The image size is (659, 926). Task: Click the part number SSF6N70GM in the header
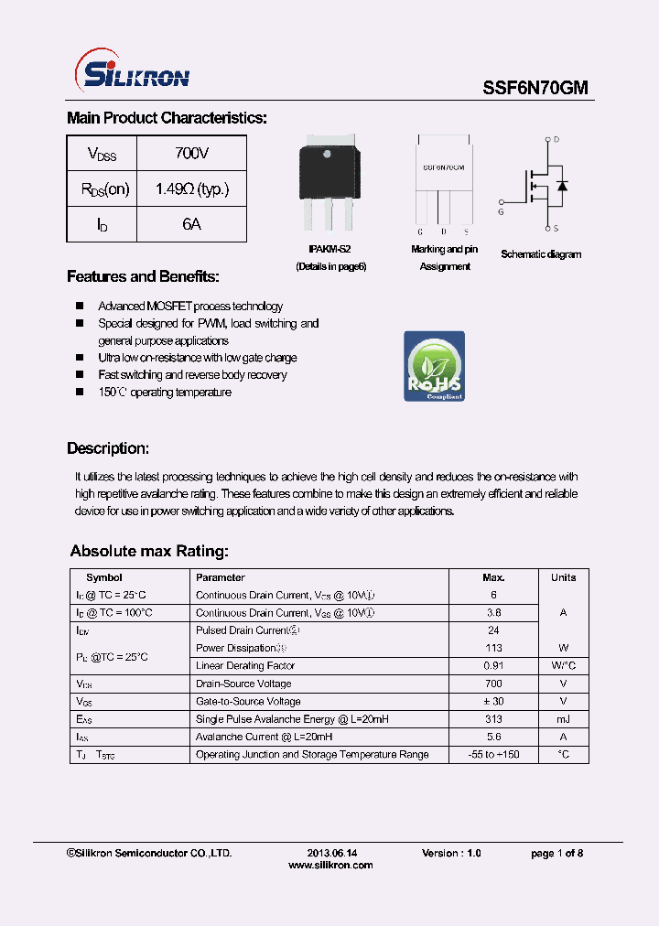tap(535, 87)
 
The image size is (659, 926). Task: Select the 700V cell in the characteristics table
tap(191, 153)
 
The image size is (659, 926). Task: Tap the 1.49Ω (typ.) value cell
tap(191, 188)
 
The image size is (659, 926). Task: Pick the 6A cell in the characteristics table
tap(191, 224)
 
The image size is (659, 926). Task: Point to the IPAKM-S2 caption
tap(329, 249)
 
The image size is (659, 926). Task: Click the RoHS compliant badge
tap(434, 366)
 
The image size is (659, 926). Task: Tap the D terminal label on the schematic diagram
tap(556, 140)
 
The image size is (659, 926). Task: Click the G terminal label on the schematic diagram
tap(501, 212)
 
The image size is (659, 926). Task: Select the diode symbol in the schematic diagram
tap(562, 186)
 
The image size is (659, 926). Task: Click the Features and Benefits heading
tap(143, 276)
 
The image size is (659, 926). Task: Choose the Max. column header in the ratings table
tap(493, 577)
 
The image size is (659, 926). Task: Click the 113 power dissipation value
tap(493, 648)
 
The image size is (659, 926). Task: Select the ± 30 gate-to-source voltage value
tap(493, 701)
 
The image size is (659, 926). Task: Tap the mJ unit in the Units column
tap(563, 719)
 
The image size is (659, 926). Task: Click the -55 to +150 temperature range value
tap(493, 754)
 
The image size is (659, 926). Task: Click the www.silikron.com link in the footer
tap(330, 865)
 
